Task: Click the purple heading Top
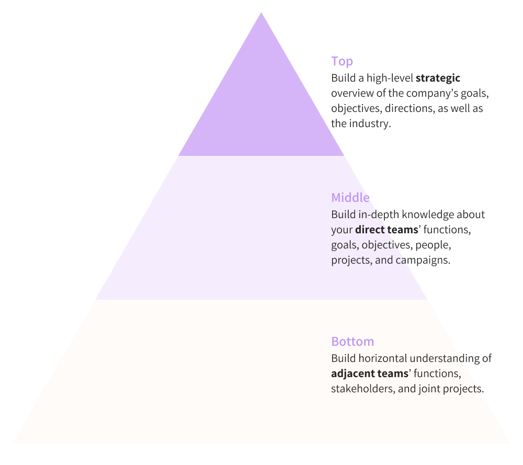[x=342, y=61]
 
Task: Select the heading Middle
[x=350, y=198]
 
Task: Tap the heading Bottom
[x=353, y=342]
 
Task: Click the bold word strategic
[x=438, y=78]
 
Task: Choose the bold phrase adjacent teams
[x=369, y=374]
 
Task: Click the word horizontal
[x=382, y=359]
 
